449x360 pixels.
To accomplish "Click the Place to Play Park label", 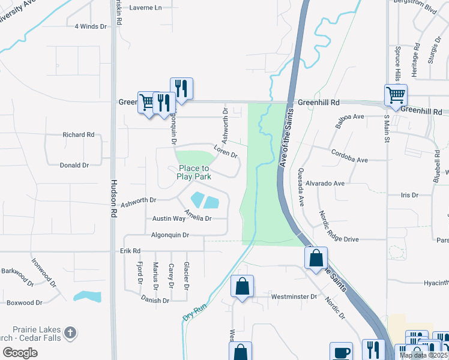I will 193,173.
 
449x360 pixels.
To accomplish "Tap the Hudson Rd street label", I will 112,199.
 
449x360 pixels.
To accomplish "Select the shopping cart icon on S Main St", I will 396,95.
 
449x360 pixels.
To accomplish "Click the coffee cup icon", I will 342,352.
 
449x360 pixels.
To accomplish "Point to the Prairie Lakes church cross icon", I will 70,332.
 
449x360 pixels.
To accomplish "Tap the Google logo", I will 19,353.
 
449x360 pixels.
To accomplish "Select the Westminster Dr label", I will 294,296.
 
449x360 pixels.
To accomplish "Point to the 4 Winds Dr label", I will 90,26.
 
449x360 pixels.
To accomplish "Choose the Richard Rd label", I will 79,135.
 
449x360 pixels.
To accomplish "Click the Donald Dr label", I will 74,165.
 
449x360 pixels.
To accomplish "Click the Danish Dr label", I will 155,300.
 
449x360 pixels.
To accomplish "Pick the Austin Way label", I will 169,219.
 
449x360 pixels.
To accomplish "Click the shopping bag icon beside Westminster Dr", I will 242,286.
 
